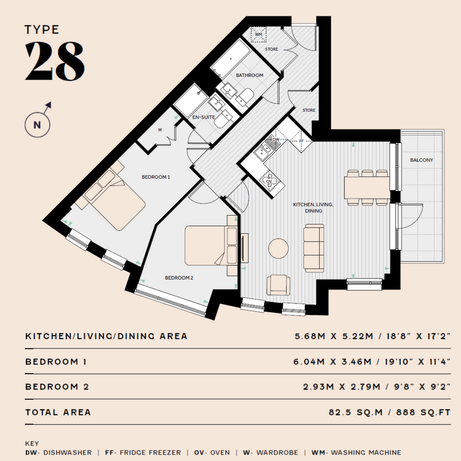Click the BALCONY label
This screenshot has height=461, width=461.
click(421, 160)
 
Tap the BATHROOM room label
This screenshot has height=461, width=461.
click(249, 75)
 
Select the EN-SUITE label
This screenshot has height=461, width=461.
click(204, 117)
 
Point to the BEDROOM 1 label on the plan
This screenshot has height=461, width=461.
click(156, 177)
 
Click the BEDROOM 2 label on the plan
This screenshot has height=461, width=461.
click(179, 278)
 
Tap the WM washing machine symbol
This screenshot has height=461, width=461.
click(259, 35)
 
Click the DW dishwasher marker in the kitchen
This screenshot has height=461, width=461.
click(276, 140)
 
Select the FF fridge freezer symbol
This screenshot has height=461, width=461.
click(301, 141)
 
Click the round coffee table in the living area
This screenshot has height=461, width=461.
click(279, 248)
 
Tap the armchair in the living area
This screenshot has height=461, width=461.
click(278, 284)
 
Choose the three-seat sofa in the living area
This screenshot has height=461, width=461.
click(314, 248)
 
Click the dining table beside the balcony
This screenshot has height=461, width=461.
click(367, 187)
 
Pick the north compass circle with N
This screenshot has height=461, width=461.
click(38, 125)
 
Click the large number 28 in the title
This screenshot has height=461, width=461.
click(55, 61)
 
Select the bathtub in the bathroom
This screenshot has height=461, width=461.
click(231, 59)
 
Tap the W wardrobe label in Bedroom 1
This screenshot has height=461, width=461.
click(160, 130)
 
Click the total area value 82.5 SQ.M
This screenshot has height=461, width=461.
click(356, 412)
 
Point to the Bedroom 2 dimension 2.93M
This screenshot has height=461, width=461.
click(319, 387)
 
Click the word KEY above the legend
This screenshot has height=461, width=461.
click(32, 443)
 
